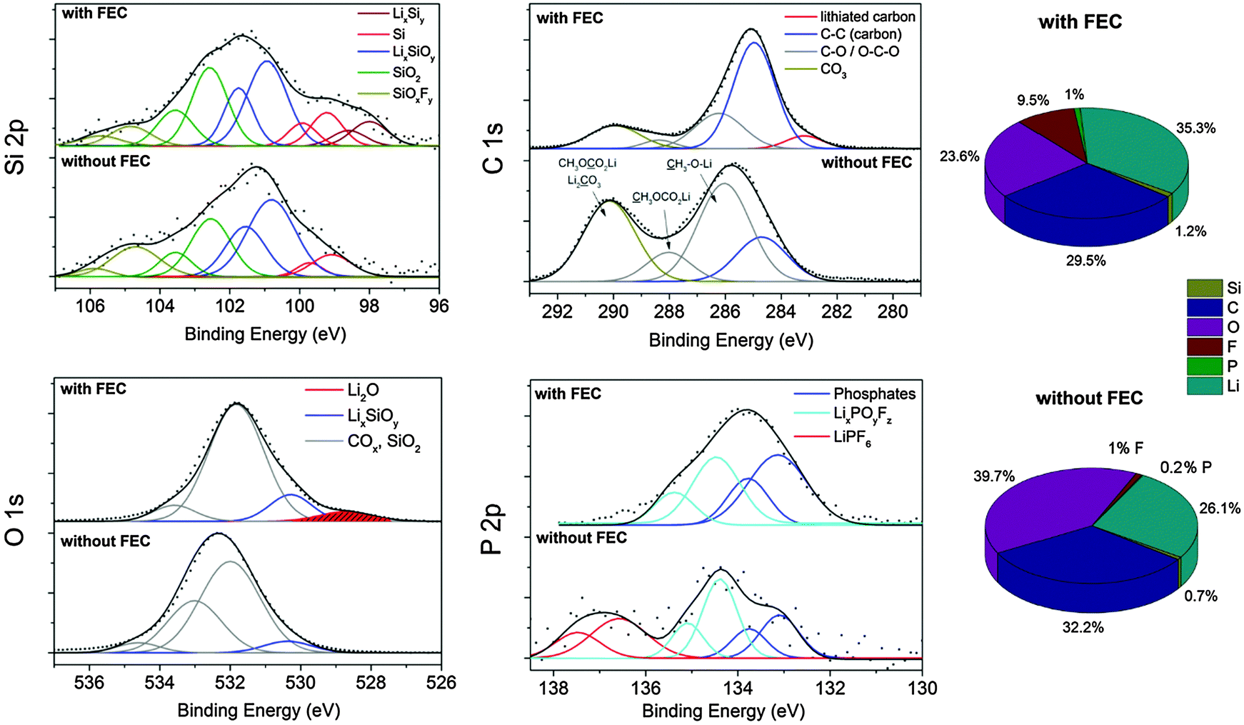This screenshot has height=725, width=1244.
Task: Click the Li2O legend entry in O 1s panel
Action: click(x=363, y=390)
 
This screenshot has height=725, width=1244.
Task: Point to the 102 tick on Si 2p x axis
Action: click(x=230, y=306)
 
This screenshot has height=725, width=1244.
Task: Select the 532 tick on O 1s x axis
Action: click(x=230, y=683)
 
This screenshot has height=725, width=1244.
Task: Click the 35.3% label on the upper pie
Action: click(x=1195, y=129)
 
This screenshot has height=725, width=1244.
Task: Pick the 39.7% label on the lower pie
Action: click(x=993, y=476)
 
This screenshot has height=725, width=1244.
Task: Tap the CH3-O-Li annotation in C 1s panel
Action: click(x=689, y=164)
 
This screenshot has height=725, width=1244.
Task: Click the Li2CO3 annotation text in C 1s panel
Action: click(x=583, y=181)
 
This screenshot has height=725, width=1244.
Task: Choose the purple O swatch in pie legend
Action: click(x=1204, y=327)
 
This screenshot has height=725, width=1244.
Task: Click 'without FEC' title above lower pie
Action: click(x=1089, y=398)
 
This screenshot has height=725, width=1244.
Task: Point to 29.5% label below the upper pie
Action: click(x=1085, y=261)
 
